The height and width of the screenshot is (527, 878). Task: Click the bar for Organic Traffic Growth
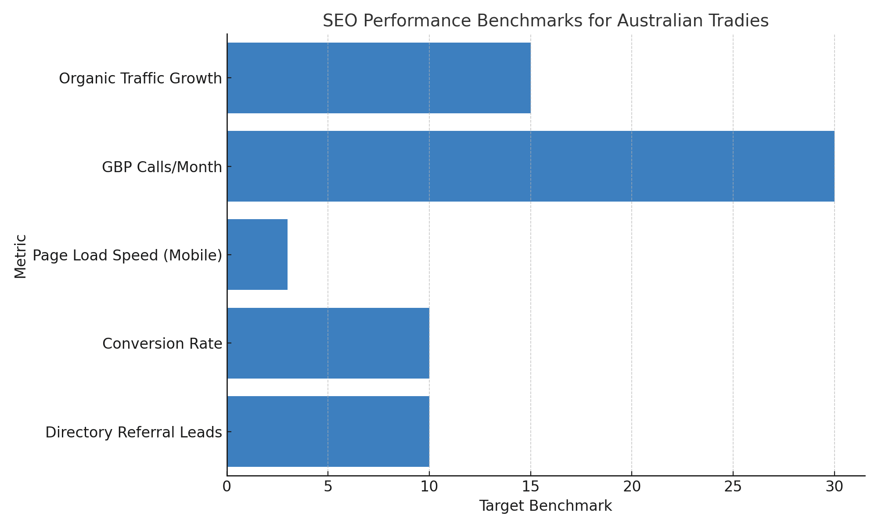(x=378, y=78)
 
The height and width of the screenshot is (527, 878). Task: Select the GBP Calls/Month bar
(x=530, y=166)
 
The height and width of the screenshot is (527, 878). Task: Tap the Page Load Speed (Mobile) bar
(x=257, y=255)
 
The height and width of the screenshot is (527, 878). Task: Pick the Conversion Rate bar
(x=328, y=343)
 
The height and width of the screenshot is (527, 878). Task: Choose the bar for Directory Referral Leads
(x=328, y=431)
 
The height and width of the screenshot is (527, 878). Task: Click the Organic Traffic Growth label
(x=140, y=79)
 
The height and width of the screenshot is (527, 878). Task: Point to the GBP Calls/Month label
(x=162, y=167)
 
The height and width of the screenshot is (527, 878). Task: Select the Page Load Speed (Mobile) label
(x=127, y=255)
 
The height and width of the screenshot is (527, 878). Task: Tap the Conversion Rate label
(x=162, y=343)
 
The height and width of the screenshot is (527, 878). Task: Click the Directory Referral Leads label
(x=133, y=432)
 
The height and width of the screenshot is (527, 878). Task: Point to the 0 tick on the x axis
(x=227, y=487)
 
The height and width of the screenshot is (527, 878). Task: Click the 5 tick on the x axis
(x=328, y=487)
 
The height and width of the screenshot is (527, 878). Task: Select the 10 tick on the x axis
(x=429, y=487)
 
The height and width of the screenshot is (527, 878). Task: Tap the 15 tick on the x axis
(x=530, y=487)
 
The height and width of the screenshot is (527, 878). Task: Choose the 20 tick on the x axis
(x=632, y=487)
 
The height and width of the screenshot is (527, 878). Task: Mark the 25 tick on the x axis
(x=733, y=487)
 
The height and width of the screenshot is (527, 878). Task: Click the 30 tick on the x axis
(x=834, y=487)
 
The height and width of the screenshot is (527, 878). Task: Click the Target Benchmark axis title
(x=545, y=506)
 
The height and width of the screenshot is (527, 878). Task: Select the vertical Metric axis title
(x=20, y=256)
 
